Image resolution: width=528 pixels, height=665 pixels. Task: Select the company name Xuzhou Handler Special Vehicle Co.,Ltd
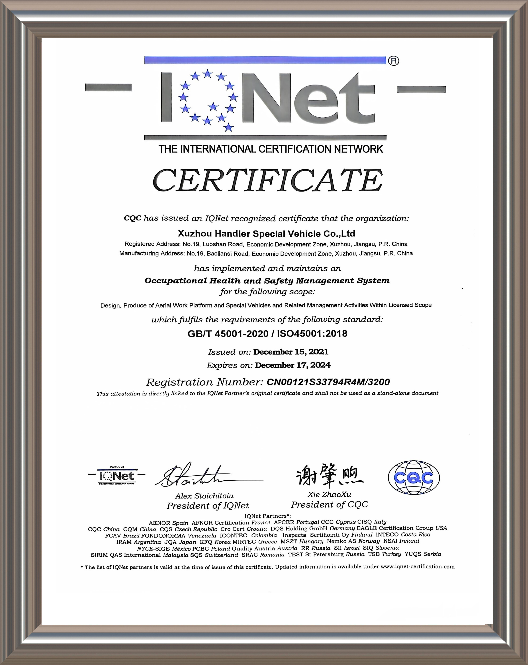pos(266,234)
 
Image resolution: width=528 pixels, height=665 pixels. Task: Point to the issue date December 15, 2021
pos(290,352)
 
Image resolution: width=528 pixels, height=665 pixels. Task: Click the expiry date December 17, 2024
pos(292,365)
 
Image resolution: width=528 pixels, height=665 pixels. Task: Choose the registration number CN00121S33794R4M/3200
pos(328,382)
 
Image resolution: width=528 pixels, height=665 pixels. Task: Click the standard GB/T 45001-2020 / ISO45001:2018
pos(267,334)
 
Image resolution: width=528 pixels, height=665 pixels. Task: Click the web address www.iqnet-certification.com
pos(418,567)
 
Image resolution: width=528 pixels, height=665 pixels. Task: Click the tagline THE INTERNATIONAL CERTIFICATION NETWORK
pos(271,149)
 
